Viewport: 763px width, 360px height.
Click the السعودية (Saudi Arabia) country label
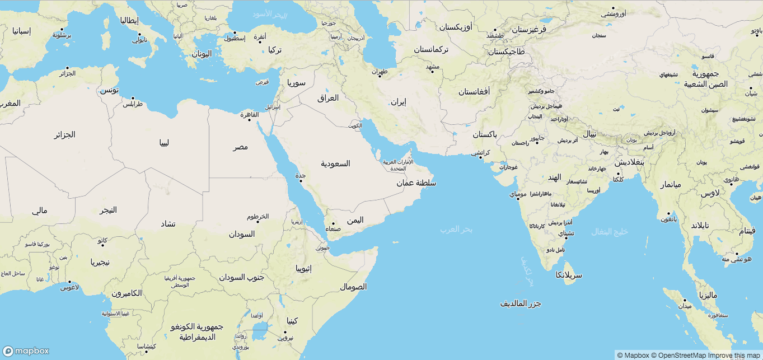(x=335, y=163)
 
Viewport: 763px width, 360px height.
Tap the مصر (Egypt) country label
(x=241, y=147)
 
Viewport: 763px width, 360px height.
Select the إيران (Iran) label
(x=398, y=102)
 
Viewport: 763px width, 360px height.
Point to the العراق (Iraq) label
(x=328, y=98)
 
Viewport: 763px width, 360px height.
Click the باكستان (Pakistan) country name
(x=485, y=134)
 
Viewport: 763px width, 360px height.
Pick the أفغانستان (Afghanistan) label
(x=474, y=91)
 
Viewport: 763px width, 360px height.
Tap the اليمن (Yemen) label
(x=355, y=220)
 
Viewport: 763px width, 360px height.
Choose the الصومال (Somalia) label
(x=353, y=287)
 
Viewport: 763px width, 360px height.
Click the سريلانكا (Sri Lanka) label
(x=569, y=275)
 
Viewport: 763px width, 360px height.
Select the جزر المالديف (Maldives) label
(x=521, y=303)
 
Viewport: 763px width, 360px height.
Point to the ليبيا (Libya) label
(x=164, y=142)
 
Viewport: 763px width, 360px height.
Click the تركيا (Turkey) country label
(x=275, y=50)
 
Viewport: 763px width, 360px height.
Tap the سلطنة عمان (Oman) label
(x=416, y=183)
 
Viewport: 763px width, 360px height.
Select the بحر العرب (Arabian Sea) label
(x=456, y=229)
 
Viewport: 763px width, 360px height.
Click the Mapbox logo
(x=26, y=351)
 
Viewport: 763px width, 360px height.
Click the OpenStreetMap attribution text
(x=680, y=356)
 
